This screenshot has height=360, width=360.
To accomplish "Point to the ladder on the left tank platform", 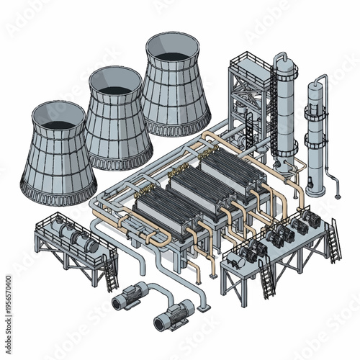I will click(x=110, y=274).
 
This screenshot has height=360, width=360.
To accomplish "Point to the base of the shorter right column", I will click(x=316, y=189).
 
